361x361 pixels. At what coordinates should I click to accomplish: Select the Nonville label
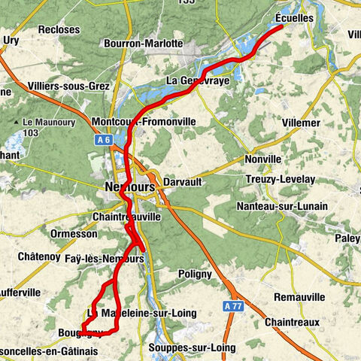(x=262, y=159)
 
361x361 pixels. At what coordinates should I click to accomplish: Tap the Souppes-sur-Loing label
(x=192, y=347)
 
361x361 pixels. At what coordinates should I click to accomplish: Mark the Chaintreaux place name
(x=292, y=322)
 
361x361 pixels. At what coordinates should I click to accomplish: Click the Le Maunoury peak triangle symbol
(x=17, y=122)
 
